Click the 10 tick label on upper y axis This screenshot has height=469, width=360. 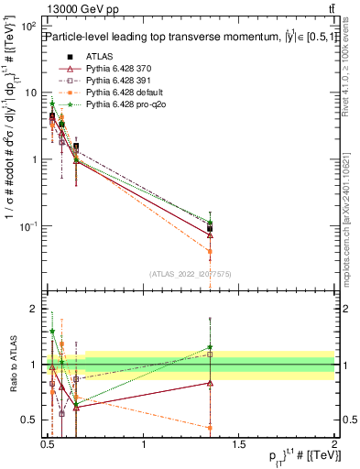[30, 93]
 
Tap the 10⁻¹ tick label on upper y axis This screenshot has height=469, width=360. [28, 226]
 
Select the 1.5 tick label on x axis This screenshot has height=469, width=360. [240, 444]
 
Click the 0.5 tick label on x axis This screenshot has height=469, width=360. [49, 444]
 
